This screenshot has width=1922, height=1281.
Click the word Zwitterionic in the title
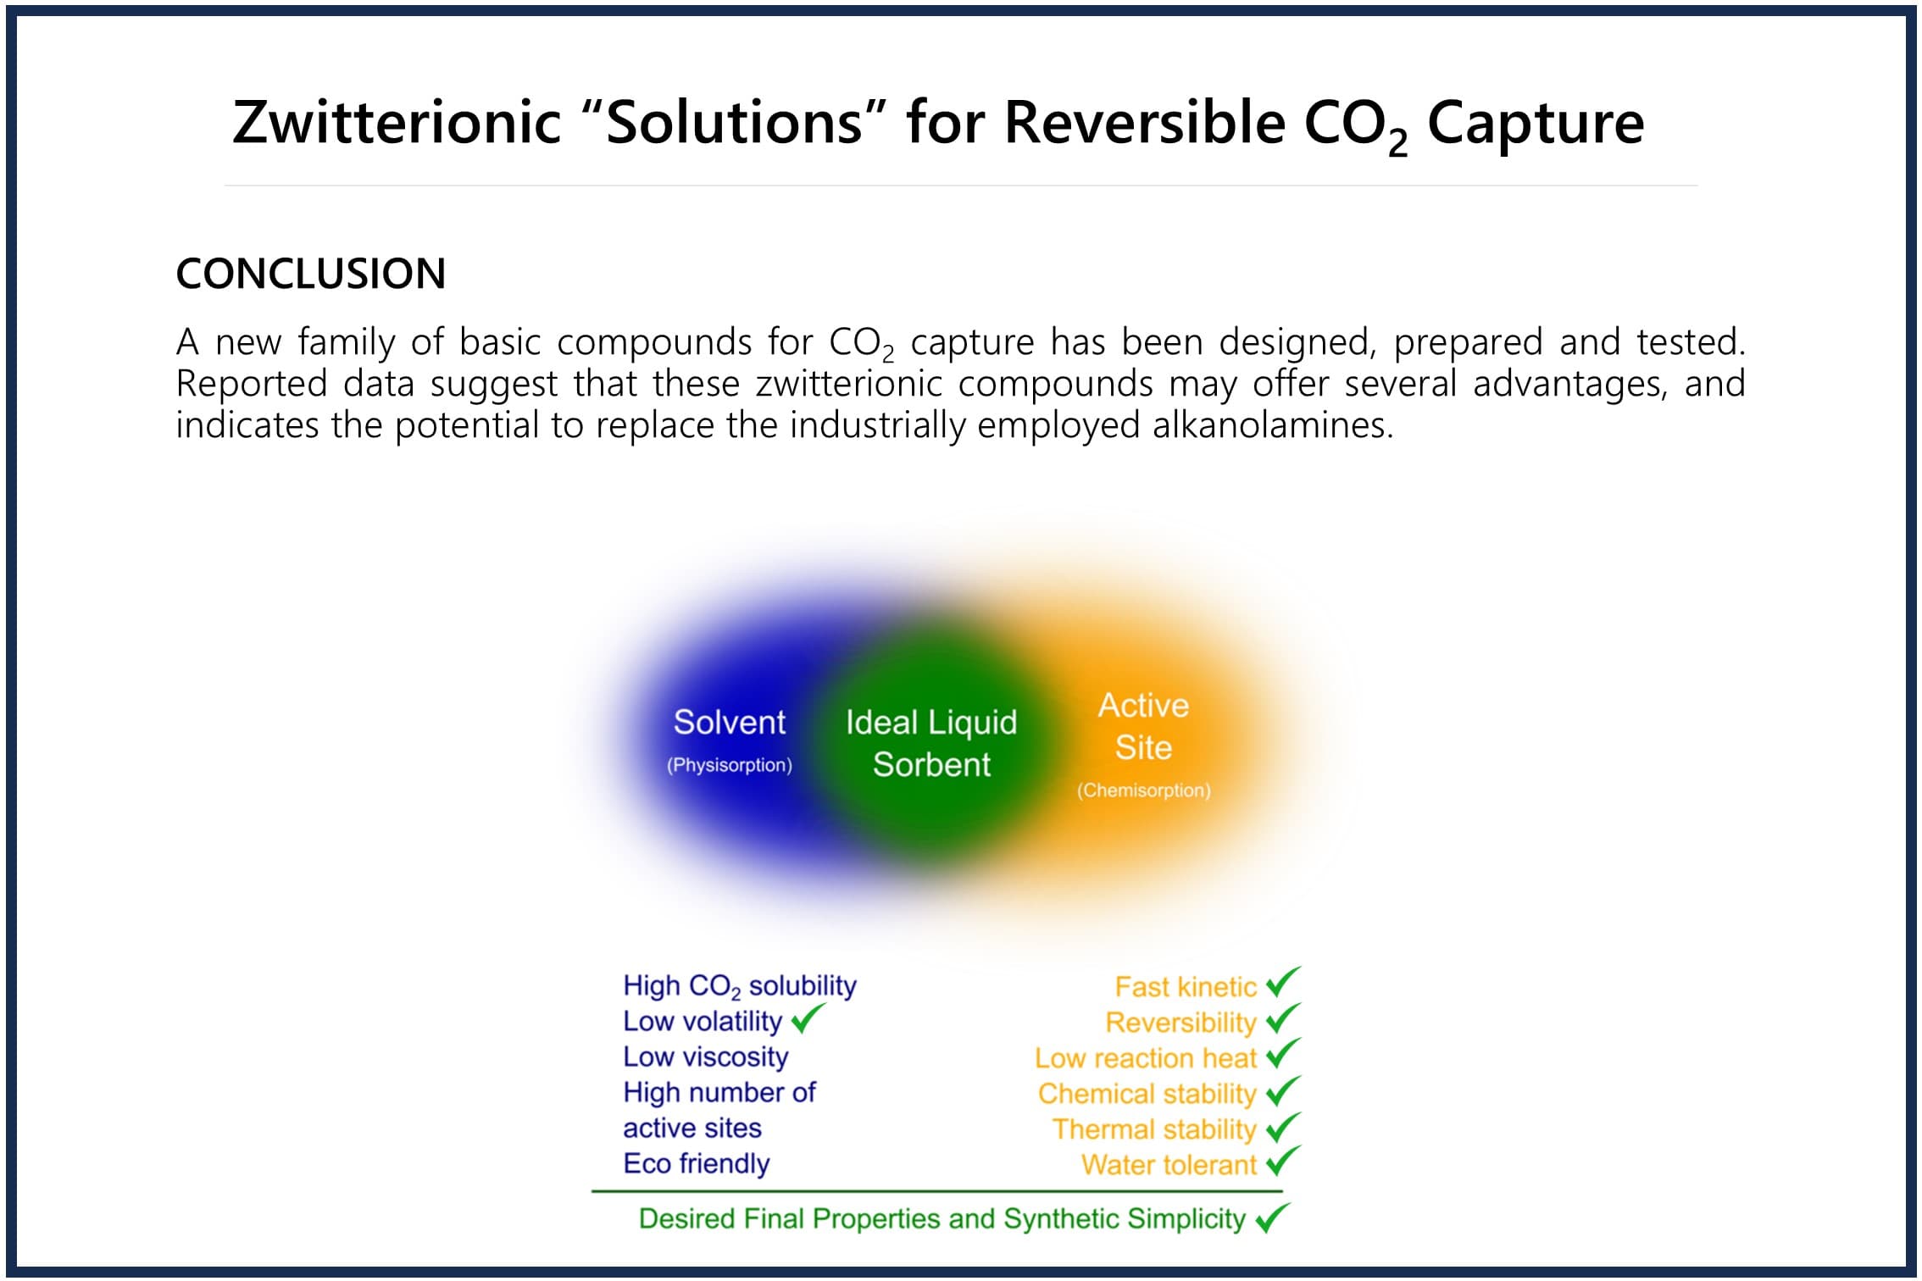[x=397, y=122]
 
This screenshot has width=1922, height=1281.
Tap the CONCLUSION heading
[x=311, y=274]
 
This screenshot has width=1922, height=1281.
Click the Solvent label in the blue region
[x=729, y=722]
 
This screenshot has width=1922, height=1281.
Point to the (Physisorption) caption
[x=729, y=765]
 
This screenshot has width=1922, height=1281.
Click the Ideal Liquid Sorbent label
[x=931, y=743]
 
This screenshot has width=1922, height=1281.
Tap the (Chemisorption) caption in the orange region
[x=1143, y=790]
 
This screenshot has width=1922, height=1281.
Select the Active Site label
[x=1143, y=726]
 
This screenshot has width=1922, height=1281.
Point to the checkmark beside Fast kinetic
[x=1283, y=982]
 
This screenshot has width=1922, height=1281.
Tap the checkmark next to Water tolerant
[x=1283, y=1161]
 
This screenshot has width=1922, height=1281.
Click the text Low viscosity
[x=705, y=1057]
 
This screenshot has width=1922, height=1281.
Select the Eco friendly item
[x=696, y=1164]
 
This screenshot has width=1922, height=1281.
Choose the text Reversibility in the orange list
[x=1180, y=1023]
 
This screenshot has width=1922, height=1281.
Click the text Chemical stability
[x=1147, y=1094]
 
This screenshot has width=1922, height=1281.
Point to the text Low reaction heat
[x=1146, y=1058]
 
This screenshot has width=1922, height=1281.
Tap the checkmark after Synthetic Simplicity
[x=1273, y=1217]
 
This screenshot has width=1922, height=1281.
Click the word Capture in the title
[x=1536, y=124]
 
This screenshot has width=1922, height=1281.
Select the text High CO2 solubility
[x=740, y=986]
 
